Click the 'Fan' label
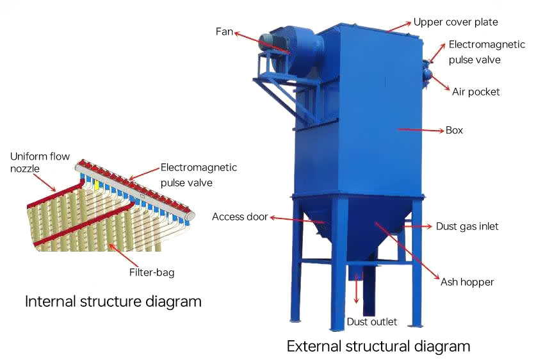225,30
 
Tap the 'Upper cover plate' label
455,22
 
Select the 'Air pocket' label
476,92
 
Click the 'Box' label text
455,130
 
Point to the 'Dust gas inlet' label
467,226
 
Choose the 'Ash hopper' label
467,281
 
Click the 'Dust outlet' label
371,322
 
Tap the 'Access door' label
240,217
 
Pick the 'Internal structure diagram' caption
113,301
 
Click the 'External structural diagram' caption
378,347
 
